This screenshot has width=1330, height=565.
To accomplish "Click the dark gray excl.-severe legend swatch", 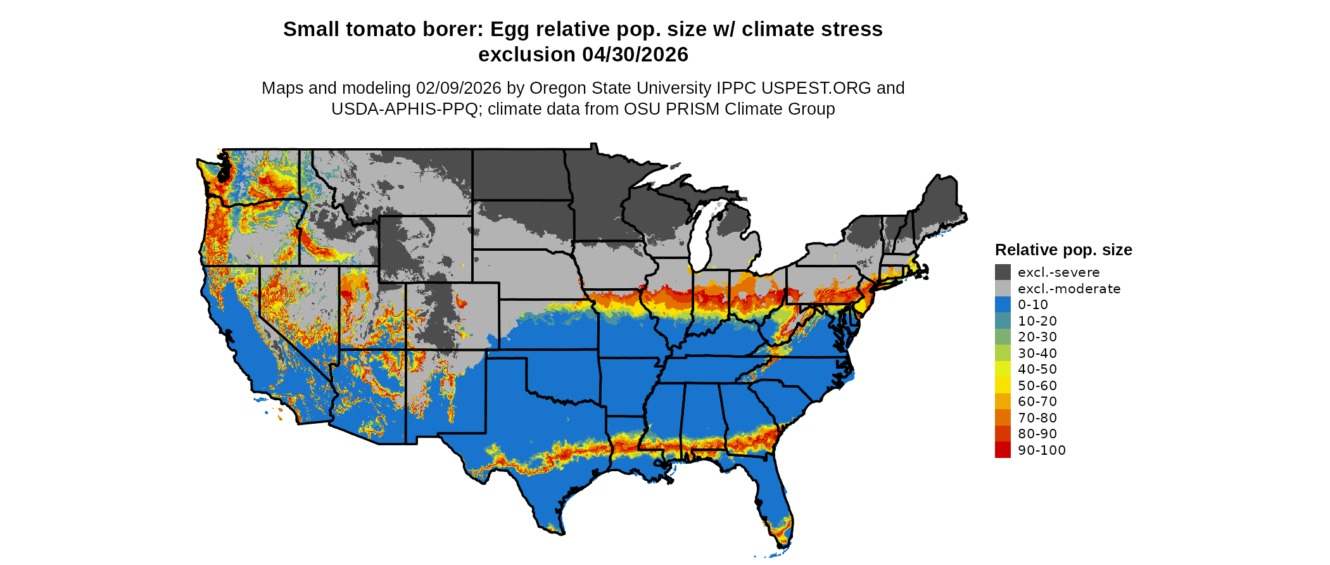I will (1003, 272).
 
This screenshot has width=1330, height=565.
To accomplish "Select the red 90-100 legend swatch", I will (1003, 450).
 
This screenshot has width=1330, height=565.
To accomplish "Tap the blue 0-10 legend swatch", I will (1003, 305).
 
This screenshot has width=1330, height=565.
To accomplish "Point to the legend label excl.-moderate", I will (1068, 289).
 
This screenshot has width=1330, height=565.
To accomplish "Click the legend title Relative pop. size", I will (1063, 250).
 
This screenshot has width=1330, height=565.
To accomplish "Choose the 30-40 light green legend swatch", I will (1003, 353).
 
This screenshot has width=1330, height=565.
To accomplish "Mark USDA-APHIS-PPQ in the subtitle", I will (404, 109).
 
